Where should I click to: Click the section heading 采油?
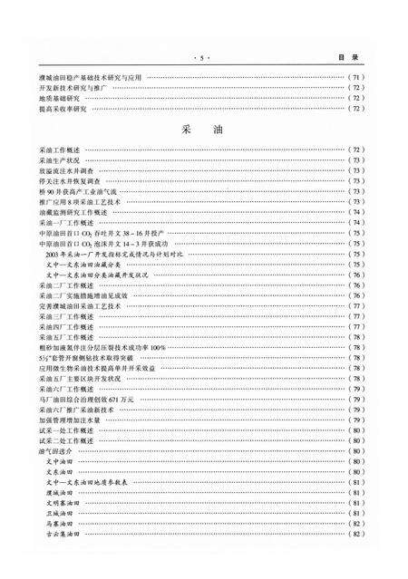203,130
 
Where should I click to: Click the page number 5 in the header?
203,55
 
